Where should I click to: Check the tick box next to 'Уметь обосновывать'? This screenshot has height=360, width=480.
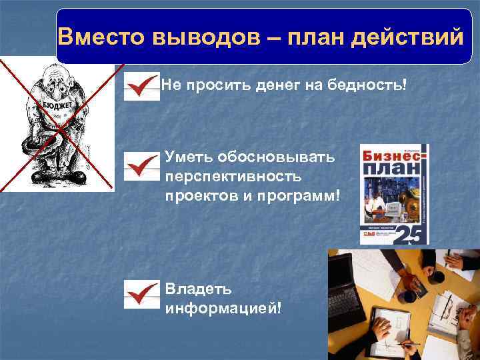tap(141, 166)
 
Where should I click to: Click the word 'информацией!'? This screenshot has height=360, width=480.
tap(223, 309)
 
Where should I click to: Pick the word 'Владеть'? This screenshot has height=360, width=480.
tap(199, 289)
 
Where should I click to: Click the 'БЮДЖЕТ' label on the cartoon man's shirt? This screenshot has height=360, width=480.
tap(58, 107)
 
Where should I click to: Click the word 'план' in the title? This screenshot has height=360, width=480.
tap(313, 36)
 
